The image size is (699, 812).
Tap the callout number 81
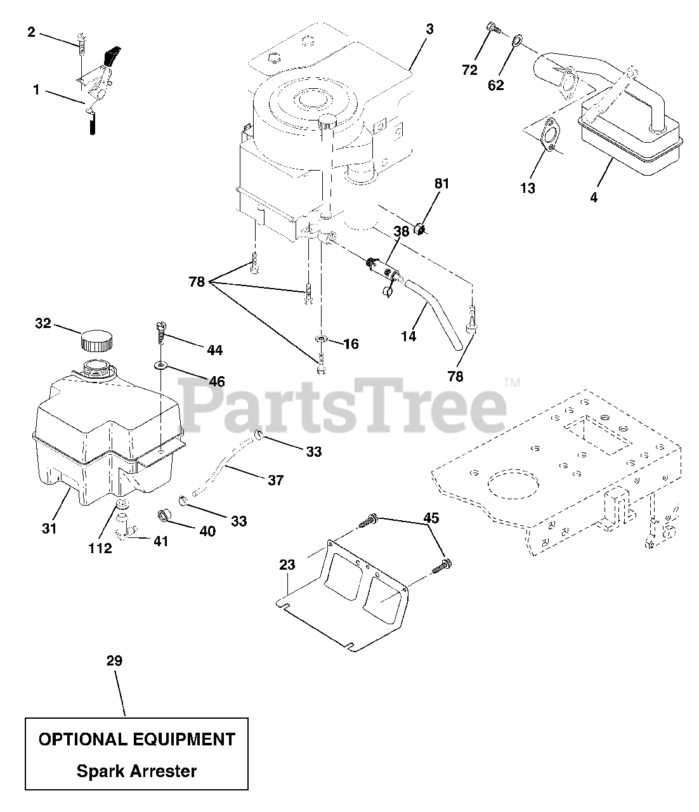441,184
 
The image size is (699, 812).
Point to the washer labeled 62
518,42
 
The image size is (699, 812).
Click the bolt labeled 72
493,27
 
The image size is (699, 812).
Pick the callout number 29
114,661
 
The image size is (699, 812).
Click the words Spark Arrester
136,771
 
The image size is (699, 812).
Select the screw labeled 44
159,331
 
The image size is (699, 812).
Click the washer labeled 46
161,366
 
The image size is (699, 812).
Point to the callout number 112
100,548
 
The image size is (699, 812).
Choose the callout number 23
287,565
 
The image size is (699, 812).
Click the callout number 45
431,518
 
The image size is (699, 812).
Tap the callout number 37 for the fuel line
275,480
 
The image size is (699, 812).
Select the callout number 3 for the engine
429,29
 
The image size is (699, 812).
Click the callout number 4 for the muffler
594,197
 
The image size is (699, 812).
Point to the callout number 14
409,336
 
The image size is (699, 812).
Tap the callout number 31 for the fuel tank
49,528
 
